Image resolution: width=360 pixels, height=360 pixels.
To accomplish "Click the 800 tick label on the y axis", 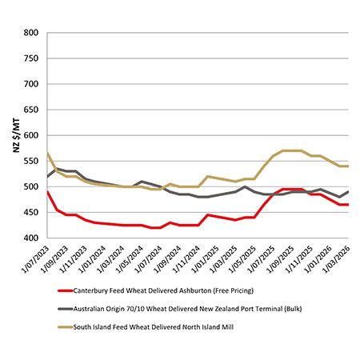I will (x=31, y=33).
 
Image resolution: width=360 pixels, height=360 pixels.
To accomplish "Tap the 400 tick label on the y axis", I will (x=31, y=238).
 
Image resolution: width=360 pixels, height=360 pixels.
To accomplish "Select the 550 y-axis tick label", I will (x=31, y=162).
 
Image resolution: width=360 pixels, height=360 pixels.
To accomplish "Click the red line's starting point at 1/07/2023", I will (x=48, y=192).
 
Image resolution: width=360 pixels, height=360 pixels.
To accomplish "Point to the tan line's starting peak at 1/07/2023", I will (x=48, y=154).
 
